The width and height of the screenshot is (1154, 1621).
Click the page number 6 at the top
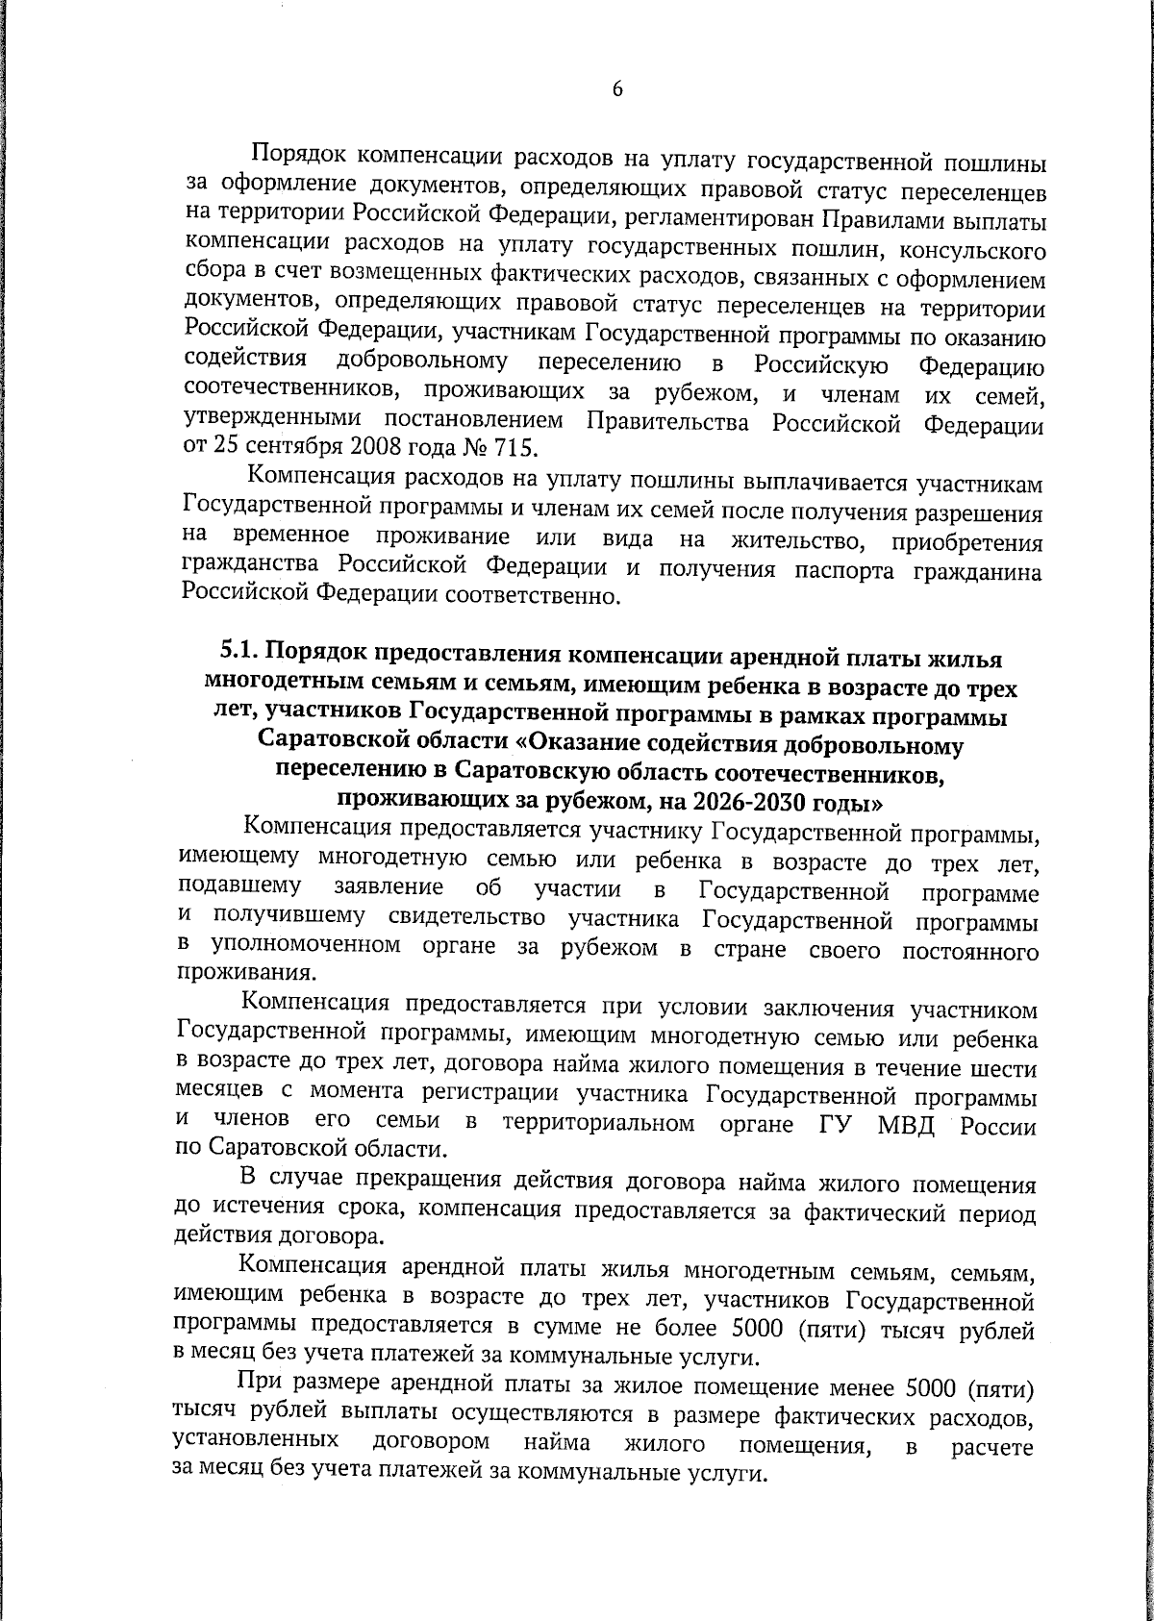pyautogui.click(x=617, y=89)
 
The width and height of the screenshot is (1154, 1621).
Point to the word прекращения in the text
pyautogui.click(x=421, y=1181)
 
